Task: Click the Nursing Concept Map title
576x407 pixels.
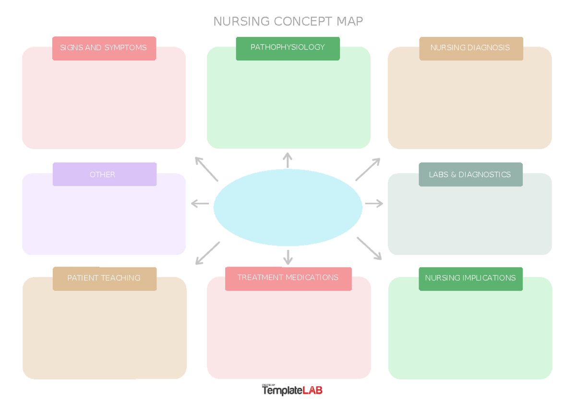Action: tap(288, 22)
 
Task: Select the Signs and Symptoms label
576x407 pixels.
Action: tap(104, 48)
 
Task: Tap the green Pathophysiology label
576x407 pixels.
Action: tap(288, 48)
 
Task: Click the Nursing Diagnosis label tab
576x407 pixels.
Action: tap(470, 48)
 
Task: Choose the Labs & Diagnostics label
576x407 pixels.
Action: tap(470, 174)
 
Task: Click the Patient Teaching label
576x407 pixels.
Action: tap(104, 278)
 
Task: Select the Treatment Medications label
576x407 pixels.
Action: tap(288, 278)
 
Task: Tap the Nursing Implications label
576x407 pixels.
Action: tap(470, 279)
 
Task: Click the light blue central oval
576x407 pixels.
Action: tap(288, 207)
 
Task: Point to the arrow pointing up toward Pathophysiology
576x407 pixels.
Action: tap(288, 160)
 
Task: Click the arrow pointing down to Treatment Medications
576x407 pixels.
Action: tap(288, 257)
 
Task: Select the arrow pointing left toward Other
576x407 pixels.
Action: tap(200, 204)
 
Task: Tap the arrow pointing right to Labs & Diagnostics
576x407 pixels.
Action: tap(374, 204)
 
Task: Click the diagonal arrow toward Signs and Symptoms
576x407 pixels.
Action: tap(206, 169)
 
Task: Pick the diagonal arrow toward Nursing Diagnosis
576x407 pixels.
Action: tap(368, 169)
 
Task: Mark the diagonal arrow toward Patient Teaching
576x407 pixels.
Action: tap(207, 253)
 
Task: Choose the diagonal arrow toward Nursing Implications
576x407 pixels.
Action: tap(369, 248)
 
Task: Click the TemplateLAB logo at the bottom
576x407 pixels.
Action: tap(292, 390)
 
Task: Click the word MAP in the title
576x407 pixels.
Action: tap(349, 22)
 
